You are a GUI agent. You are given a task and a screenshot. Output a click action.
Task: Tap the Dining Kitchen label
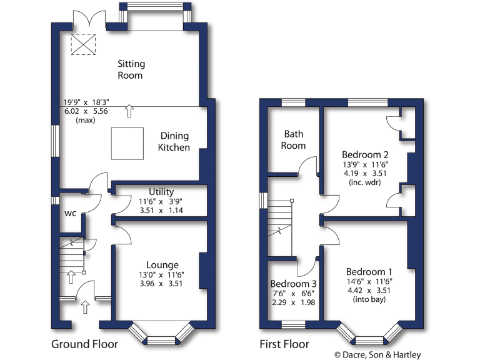(174, 141)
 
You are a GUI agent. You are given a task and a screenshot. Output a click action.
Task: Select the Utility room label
(161, 192)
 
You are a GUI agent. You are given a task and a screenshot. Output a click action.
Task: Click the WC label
(71, 213)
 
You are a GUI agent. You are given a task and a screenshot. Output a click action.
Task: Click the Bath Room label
(294, 139)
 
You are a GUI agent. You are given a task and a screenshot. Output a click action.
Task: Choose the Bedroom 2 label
(365, 154)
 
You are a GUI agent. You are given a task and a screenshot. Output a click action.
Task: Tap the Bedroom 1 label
(369, 272)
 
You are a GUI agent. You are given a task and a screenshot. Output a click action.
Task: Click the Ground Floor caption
(84, 344)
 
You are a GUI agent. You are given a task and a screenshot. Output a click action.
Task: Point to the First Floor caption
(284, 344)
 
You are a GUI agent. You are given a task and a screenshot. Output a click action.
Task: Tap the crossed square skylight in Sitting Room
(81, 45)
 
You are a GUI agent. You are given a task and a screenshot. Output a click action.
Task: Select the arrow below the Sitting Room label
(129, 111)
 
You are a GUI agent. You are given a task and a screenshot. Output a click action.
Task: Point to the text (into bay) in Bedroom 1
(369, 299)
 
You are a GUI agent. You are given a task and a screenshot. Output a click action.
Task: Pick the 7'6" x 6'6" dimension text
(292, 294)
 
